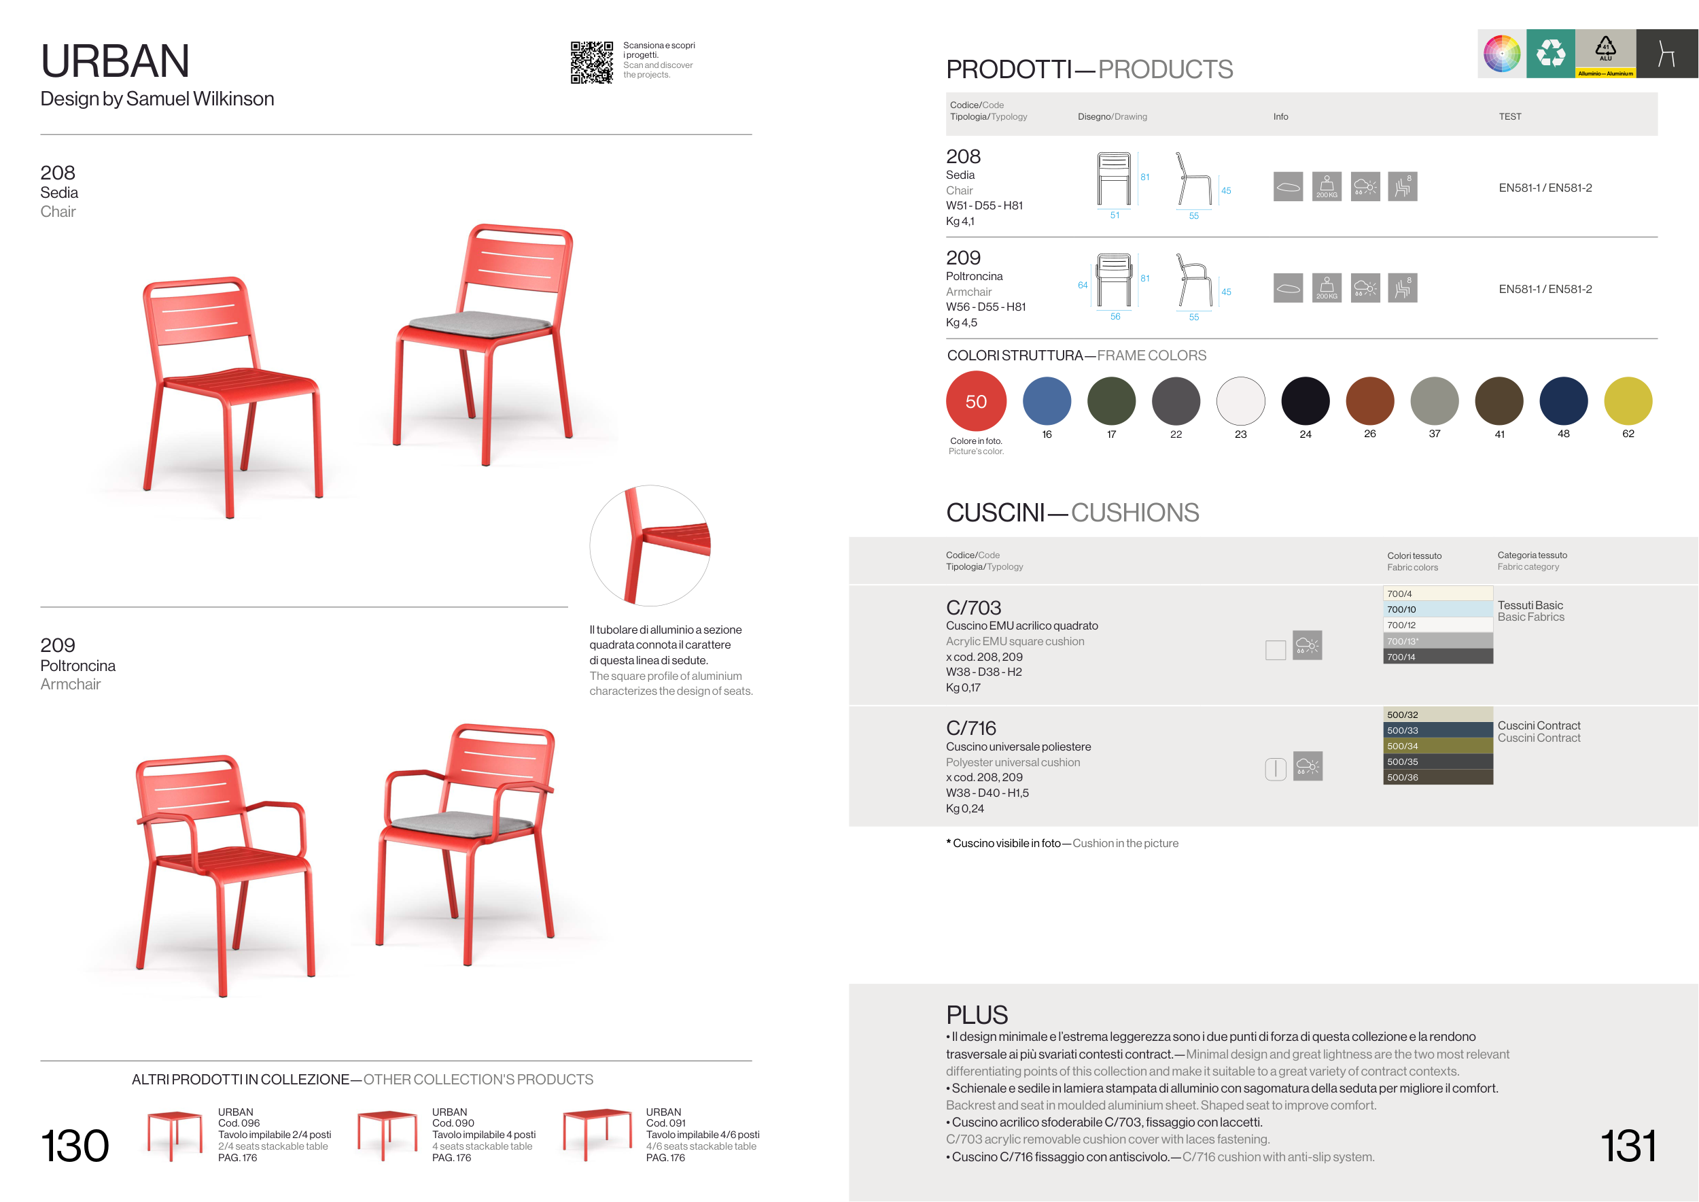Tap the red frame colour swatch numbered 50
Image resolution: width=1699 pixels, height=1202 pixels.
point(976,401)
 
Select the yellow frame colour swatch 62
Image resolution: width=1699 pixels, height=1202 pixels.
point(1628,401)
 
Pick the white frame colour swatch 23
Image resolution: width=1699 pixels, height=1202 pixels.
point(1240,401)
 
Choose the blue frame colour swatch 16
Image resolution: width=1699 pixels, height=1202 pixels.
point(1047,401)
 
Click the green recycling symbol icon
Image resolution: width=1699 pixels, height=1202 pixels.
point(1550,53)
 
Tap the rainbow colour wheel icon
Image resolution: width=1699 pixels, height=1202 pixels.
point(1501,53)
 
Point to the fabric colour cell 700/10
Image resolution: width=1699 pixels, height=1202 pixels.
point(1438,609)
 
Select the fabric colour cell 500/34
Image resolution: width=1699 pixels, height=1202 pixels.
point(1438,746)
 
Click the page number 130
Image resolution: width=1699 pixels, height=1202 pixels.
point(75,1146)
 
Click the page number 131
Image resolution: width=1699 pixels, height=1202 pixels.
point(1628,1146)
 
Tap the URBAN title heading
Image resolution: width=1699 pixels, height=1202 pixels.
point(116,61)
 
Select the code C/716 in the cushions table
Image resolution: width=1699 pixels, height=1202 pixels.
point(971,728)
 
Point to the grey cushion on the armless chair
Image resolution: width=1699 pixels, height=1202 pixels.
point(480,323)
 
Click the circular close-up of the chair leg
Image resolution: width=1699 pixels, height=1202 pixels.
point(650,545)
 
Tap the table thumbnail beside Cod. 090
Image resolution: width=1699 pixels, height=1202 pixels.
point(387,1134)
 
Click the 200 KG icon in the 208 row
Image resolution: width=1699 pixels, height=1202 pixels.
point(1326,186)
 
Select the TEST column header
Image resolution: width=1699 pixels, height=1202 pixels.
point(1509,117)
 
